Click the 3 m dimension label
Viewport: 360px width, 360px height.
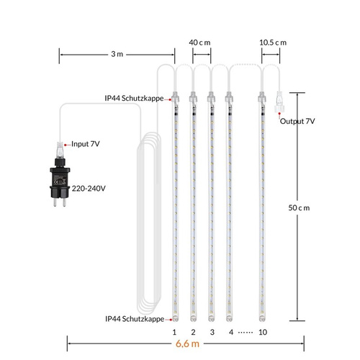pos(117,54)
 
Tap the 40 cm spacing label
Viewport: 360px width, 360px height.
pos(199,42)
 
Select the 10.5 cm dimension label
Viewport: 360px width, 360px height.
pos(273,42)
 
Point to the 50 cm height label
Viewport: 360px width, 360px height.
pos(299,208)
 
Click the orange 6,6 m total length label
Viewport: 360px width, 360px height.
pos(187,343)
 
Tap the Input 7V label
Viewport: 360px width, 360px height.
pos(86,144)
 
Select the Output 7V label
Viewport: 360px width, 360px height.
pos(297,121)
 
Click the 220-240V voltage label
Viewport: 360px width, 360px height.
pos(89,189)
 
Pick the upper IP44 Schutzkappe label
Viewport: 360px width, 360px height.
pos(134,98)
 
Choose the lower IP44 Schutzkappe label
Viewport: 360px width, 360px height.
pos(135,319)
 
